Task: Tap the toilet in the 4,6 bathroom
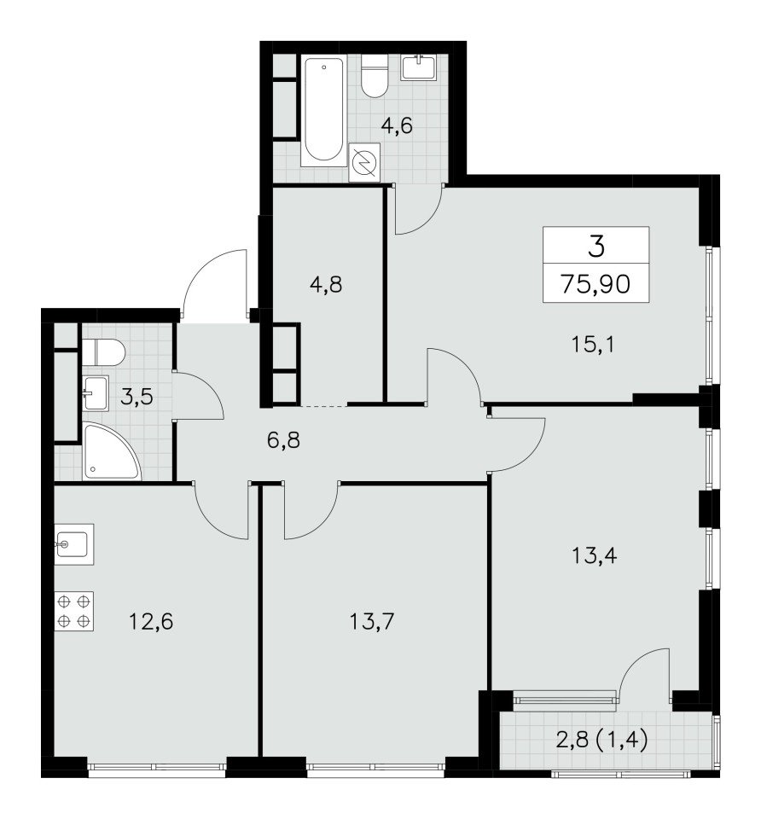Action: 374,76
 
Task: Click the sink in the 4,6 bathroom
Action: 418,68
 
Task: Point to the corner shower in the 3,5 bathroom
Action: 111,452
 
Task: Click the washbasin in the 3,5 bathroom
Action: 95,392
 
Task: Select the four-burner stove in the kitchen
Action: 73,611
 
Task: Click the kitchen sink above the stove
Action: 74,544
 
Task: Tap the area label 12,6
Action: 151,622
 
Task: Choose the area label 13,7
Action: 372,622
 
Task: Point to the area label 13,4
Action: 595,555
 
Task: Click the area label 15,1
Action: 593,345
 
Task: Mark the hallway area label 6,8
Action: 283,441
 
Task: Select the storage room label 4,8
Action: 325,285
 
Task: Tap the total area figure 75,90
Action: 596,284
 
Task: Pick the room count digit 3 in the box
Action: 596,247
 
